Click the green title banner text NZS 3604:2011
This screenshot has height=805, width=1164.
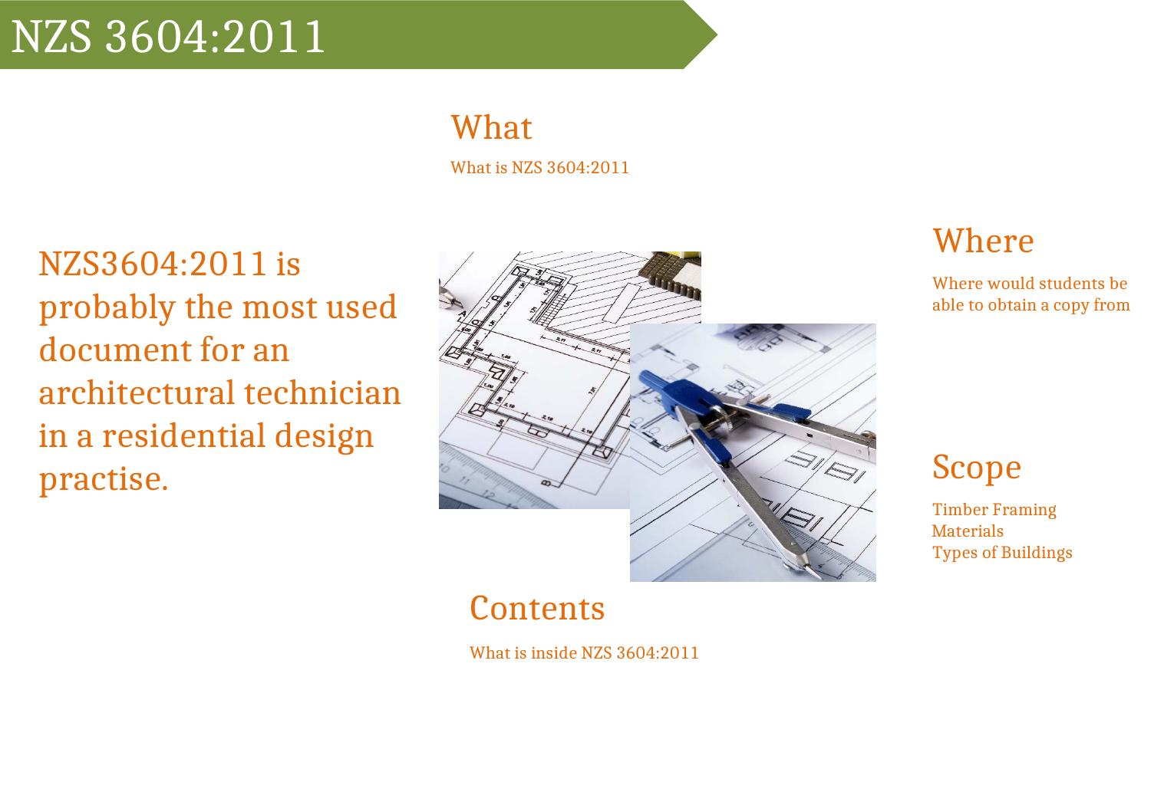pyautogui.click(x=168, y=36)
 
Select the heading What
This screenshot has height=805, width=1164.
pyautogui.click(x=491, y=127)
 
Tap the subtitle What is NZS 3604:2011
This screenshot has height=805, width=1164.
pyautogui.click(x=539, y=167)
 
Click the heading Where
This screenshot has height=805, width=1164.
pyautogui.click(x=983, y=241)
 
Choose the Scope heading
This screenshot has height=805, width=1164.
pyautogui.click(x=977, y=468)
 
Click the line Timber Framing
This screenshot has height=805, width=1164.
pyautogui.click(x=994, y=510)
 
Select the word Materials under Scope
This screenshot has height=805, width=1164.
pyautogui.click(x=968, y=531)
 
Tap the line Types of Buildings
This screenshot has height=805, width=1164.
pyautogui.click(x=1002, y=553)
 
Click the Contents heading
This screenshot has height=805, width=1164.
pyautogui.click(x=537, y=608)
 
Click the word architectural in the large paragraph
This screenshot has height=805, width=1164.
pyautogui.click(x=137, y=393)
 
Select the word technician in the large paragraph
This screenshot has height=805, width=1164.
pyautogui.click(x=322, y=393)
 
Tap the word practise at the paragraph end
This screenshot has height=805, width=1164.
pyautogui.click(x=104, y=480)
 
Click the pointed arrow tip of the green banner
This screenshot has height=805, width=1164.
pyautogui.click(x=717, y=34)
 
